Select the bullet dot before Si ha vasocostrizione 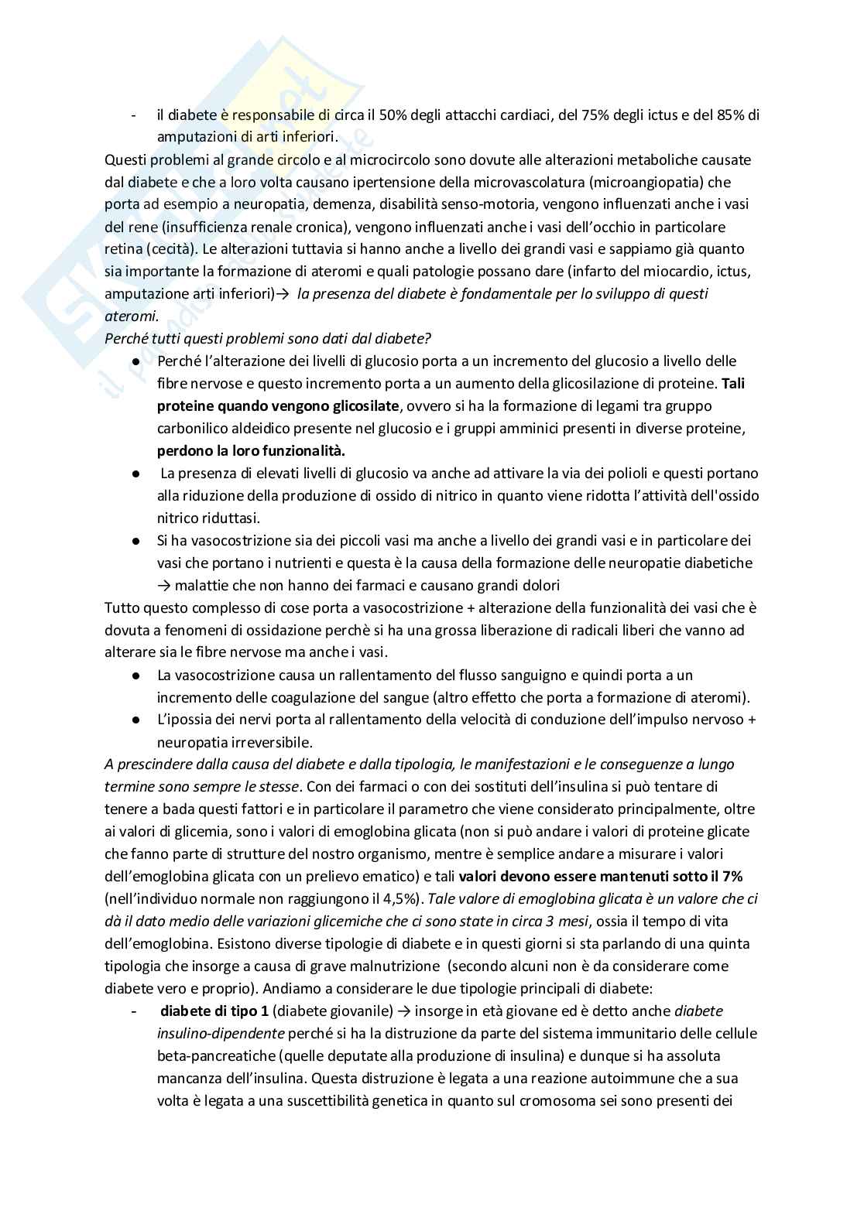135,540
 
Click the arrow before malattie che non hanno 163,585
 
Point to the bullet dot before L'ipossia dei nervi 135,720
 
